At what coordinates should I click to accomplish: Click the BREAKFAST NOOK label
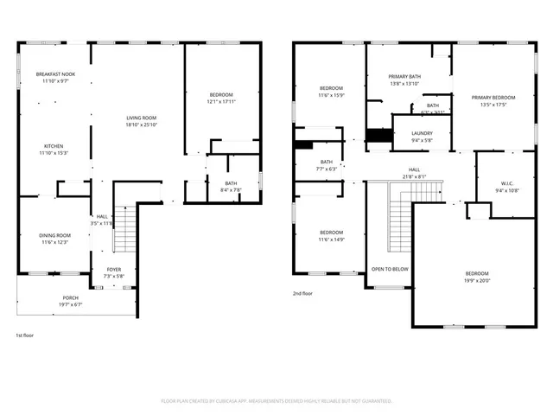55,74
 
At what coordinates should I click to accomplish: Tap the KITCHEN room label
55,146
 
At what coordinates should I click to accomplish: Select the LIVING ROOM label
141,118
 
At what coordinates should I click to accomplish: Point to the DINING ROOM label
55,235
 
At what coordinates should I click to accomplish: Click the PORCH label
70,297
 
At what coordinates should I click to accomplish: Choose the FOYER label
114,270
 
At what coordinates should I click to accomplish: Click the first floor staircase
126,229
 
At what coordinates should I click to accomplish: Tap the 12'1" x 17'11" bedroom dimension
222,101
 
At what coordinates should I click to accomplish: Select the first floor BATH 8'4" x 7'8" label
232,183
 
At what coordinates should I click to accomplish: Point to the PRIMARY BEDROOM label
493,98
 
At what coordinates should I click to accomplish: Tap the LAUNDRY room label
423,133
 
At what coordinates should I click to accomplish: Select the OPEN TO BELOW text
390,269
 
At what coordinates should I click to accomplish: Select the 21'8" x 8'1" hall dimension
414,176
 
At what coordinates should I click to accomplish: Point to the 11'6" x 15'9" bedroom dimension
332,95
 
